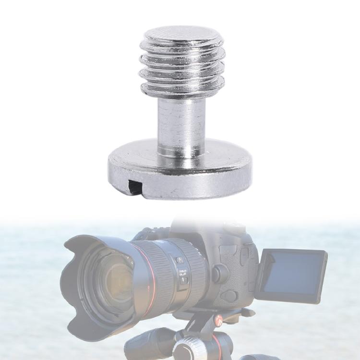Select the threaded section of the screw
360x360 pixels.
[182, 67]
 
